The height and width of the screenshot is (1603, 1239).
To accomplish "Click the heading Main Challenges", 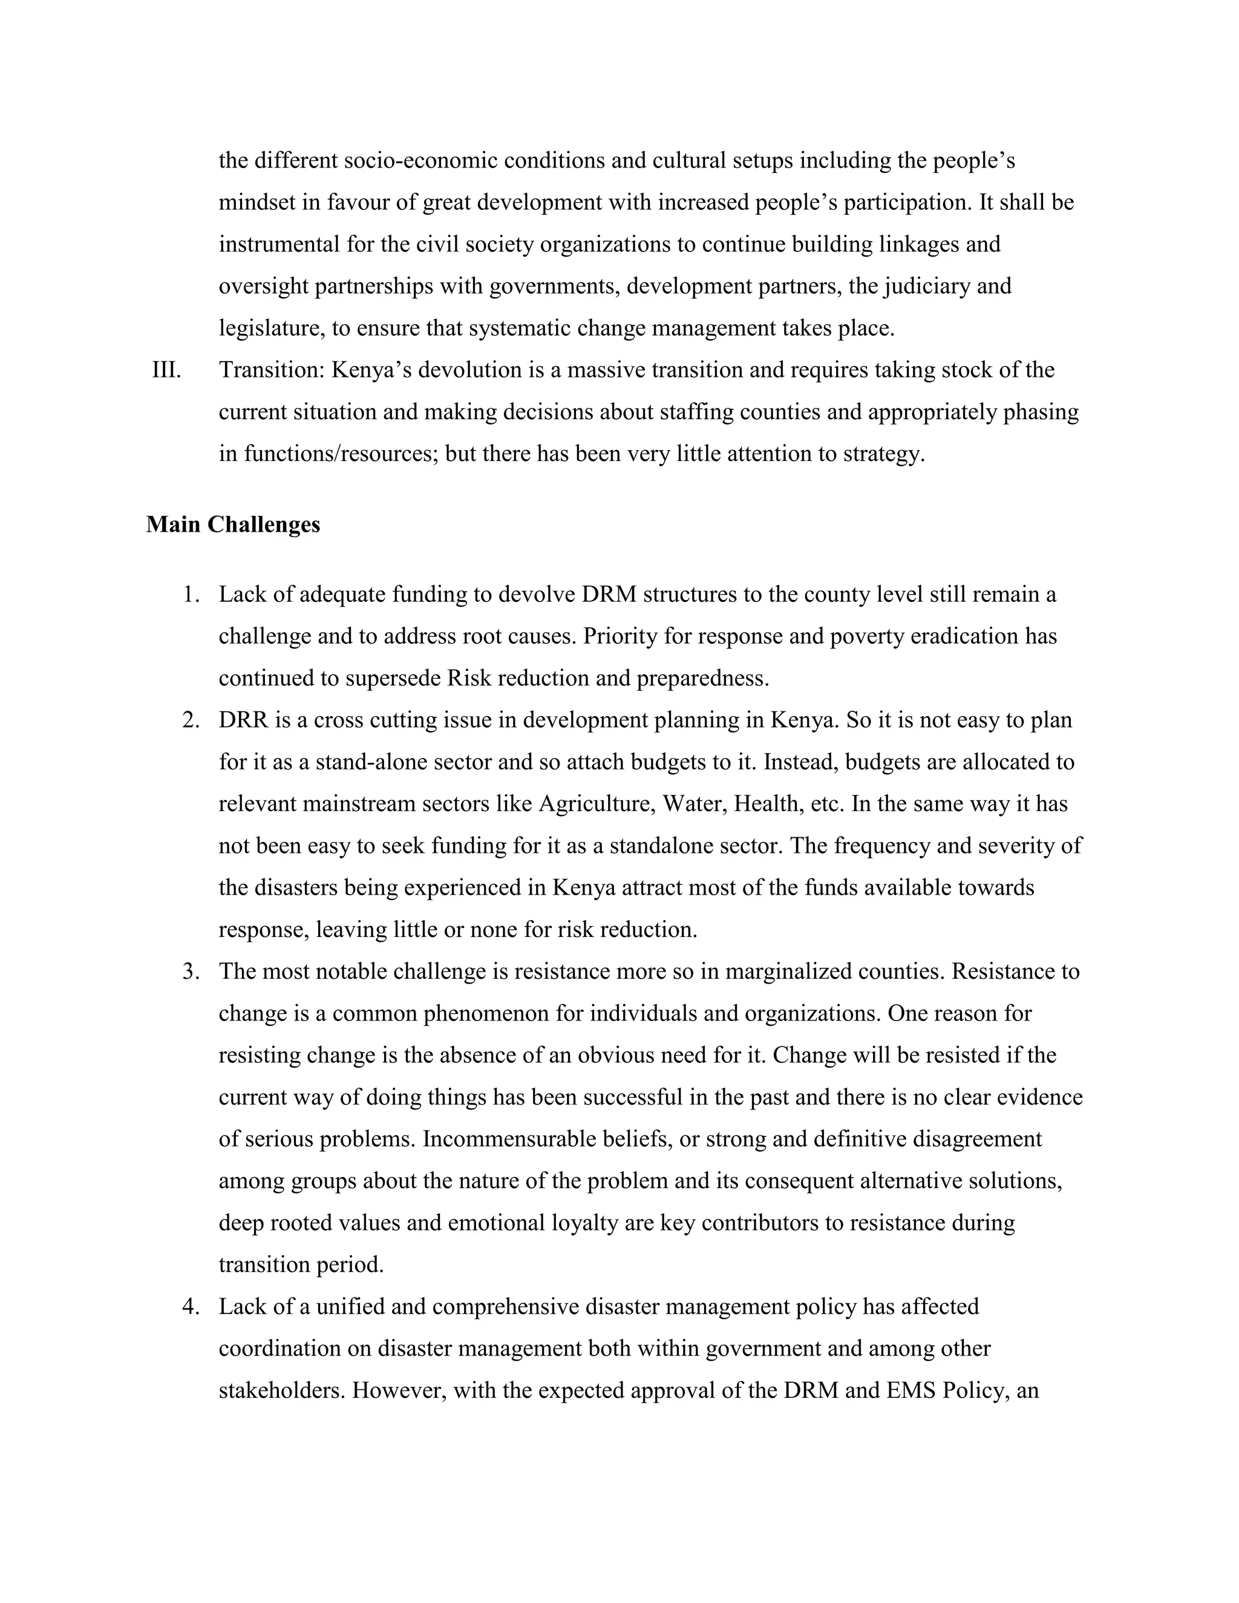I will pyautogui.click(x=233, y=525).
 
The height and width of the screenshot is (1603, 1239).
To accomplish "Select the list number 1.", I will pyautogui.click(x=191, y=594).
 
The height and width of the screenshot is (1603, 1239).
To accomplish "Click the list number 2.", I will pyautogui.click(x=191, y=720).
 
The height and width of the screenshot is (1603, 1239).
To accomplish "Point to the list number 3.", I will pyautogui.click(x=191, y=972).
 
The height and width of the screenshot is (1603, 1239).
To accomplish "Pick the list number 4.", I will pyautogui.click(x=191, y=1307).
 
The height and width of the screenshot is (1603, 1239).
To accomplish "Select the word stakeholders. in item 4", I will pyautogui.click(x=282, y=1391).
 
